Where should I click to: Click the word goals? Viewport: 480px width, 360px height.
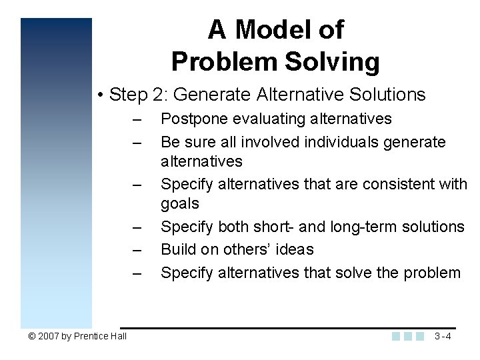click(x=180, y=203)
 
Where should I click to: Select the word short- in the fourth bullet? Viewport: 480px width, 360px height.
click(x=273, y=227)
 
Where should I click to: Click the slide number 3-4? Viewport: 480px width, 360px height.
click(x=443, y=336)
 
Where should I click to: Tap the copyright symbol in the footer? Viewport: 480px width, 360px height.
click(x=32, y=336)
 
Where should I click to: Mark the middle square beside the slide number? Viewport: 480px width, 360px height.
click(x=408, y=336)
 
